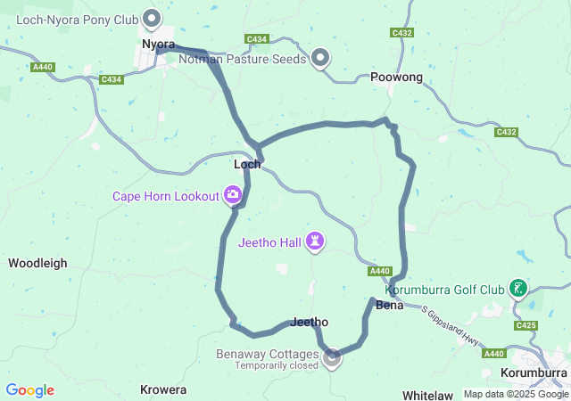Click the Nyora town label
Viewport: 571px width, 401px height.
[158, 43]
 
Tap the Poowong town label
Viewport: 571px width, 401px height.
[396, 78]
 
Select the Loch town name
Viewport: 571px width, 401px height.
[247, 164]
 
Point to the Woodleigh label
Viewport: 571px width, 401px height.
[37, 263]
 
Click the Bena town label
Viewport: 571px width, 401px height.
[390, 305]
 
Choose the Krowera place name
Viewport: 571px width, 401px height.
[163, 389]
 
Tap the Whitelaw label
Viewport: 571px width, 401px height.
[427, 394]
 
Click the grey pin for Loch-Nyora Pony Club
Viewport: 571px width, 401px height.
[153, 17]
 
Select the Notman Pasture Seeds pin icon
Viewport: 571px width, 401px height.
[320, 59]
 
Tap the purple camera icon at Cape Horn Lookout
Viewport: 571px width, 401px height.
[233, 194]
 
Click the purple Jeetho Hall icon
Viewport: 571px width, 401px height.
[314, 241]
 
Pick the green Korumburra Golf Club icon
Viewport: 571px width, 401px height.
[517, 288]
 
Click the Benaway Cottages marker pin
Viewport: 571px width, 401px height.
[332, 358]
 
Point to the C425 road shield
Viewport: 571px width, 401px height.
[525, 325]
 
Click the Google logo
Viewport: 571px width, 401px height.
[29, 390]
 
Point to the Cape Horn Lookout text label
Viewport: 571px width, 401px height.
[165, 196]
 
